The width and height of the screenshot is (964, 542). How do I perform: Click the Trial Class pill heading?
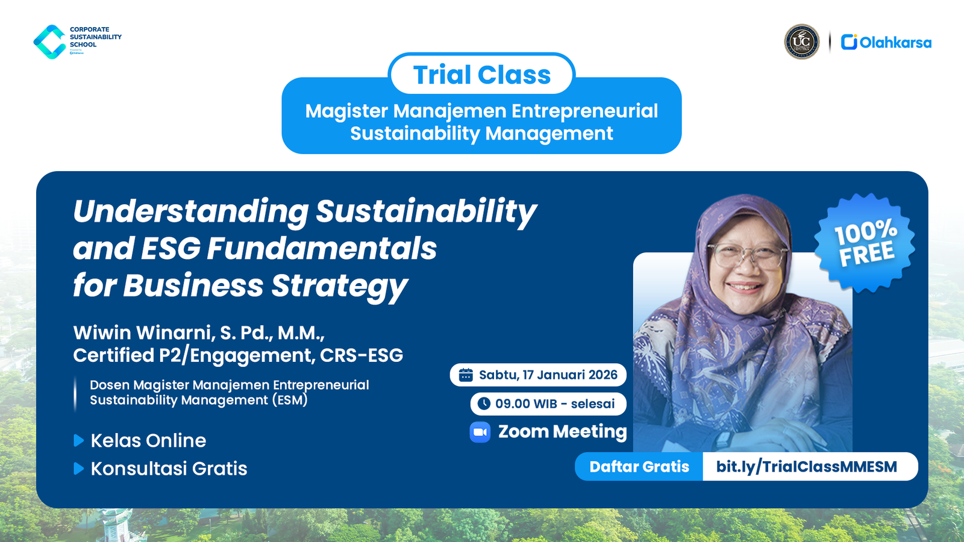tap(481, 75)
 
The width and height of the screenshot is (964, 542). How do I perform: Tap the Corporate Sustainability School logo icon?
tap(49, 42)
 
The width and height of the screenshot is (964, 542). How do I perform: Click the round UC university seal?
tap(801, 42)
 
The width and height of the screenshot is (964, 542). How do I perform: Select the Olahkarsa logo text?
tap(895, 43)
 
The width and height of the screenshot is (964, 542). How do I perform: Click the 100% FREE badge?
tap(865, 243)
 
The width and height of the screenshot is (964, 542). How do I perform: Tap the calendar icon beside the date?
tap(466, 375)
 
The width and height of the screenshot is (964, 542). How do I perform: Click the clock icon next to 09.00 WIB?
tap(484, 403)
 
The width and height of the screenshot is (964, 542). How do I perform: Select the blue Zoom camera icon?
tap(480, 432)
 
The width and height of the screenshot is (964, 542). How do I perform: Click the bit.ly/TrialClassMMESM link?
tap(806, 467)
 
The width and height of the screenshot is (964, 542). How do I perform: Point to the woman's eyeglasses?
tap(746, 255)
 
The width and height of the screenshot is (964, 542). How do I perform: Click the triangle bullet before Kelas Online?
tap(78, 441)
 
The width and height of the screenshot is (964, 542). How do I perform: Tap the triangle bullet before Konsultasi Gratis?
tap(78, 469)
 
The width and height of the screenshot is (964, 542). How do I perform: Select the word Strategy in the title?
tap(339, 286)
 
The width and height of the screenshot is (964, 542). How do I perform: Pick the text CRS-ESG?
tap(361, 355)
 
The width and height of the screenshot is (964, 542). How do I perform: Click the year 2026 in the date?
tap(602, 375)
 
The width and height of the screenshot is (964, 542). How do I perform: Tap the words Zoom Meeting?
tap(562, 432)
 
